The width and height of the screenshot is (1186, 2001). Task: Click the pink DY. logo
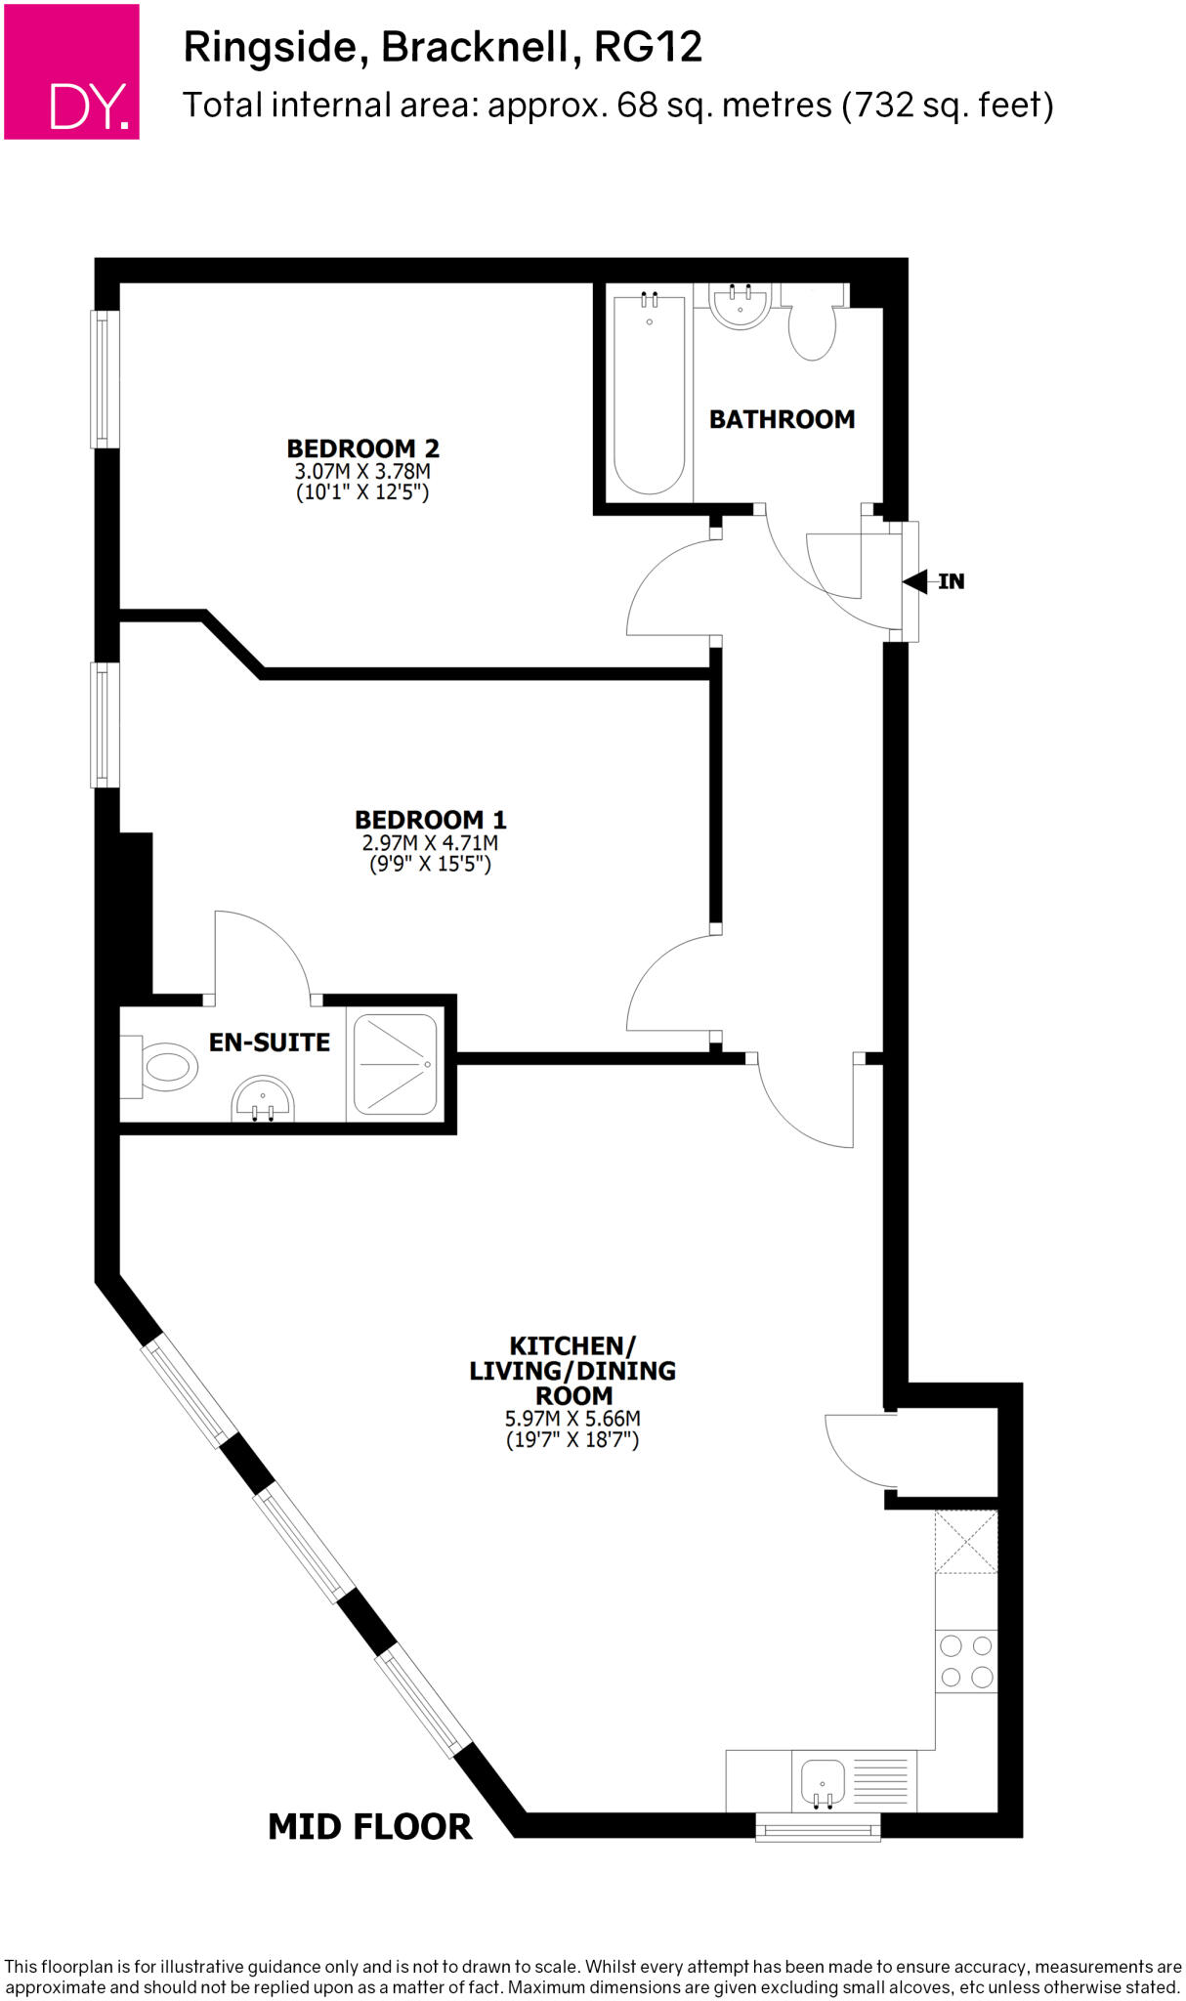pyautogui.click(x=71, y=71)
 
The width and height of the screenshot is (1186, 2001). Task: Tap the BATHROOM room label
pyautogui.click(x=782, y=419)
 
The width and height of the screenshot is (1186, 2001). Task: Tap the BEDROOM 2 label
pyautogui.click(x=362, y=448)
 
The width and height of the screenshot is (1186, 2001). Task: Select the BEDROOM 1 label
pyautogui.click(x=430, y=820)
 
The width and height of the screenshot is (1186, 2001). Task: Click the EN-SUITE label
pyautogui.click(x=270, y=1043)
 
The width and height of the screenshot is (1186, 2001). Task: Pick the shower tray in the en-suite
pyautogui.click(x=395, y=1065)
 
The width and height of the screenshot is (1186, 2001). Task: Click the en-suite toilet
pyautogui.click(x=164, y=1066)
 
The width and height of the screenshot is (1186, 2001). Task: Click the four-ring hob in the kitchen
pyautogui.click(x=966, y=1661)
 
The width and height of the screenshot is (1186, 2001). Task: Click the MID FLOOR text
pyautogui.click(x=369, y=1826)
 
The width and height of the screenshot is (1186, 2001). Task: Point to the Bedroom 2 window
pyautogui.click(x=105, y=379)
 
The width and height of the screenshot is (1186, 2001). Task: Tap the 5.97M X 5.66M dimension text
pyautogui.click(x=572, y=1419)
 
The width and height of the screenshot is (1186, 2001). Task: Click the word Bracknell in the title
pyautogui.click(x=475, y=47)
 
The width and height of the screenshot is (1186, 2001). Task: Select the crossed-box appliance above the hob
pyautogui.click(x=966, y=1542)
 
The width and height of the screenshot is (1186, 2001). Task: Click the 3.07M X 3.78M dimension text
pyautogui.click(x=362, y=471)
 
